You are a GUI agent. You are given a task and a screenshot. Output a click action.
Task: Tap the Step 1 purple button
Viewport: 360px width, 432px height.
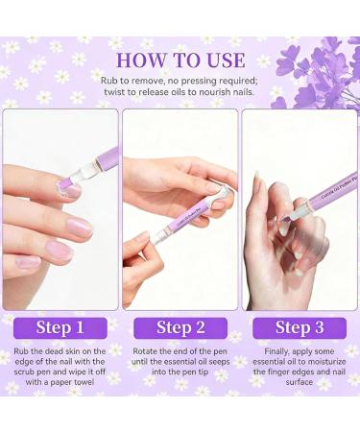point(60,327)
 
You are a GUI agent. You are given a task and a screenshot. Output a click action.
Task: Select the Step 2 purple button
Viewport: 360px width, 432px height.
point(180,327)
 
